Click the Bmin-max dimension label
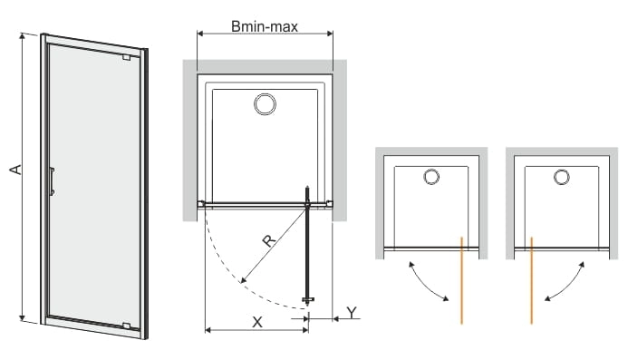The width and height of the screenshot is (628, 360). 265,26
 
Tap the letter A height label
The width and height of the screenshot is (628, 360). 15,170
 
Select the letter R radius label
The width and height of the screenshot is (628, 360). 269,240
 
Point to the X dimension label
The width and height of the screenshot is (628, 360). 257,322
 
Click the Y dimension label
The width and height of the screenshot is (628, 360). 352,312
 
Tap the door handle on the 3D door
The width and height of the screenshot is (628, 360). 52,181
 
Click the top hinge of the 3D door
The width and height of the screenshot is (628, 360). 127,57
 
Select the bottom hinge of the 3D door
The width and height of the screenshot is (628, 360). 127,326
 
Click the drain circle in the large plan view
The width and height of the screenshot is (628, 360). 265,104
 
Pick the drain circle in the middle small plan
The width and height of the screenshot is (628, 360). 431,177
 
